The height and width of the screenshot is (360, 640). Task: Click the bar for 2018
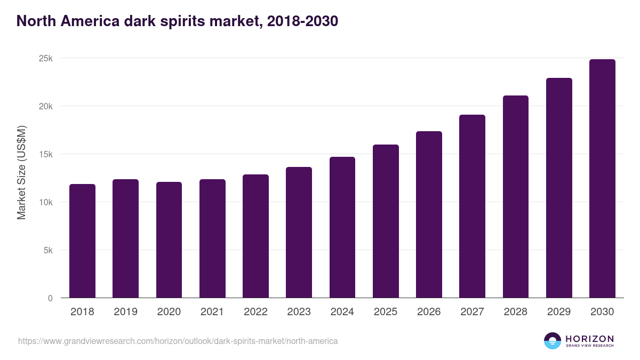coord(82,241)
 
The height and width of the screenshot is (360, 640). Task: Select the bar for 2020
coord(169,240)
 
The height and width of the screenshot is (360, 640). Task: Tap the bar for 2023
coord(299,233)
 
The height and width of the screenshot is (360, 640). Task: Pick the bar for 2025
coord(386,221)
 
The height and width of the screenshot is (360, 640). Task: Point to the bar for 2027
coord(472,206)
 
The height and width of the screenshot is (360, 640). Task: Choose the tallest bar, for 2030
coord(602,179)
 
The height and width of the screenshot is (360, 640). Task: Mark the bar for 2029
coord(559,188)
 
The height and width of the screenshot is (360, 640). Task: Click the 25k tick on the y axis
coord(46,58)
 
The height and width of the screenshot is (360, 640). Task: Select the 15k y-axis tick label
coord(46,154)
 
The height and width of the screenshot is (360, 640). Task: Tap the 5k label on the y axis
coord(48,250)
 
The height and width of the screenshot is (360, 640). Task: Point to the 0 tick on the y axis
coord(50,298)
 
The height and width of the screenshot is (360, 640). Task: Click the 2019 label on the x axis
coord(125,312)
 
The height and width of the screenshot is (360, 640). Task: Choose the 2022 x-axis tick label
coord(255,312)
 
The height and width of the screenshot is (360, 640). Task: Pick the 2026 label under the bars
coord(429,312)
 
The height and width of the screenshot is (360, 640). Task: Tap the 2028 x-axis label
coord(516,312)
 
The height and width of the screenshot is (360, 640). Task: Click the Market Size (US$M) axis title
coord(21,172)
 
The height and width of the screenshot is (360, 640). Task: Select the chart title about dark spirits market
coord(177,21)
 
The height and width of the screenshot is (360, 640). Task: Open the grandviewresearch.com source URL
coord(178,341)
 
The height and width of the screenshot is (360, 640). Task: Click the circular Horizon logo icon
coord(552,341)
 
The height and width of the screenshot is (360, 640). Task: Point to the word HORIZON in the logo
coord(589,338)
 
